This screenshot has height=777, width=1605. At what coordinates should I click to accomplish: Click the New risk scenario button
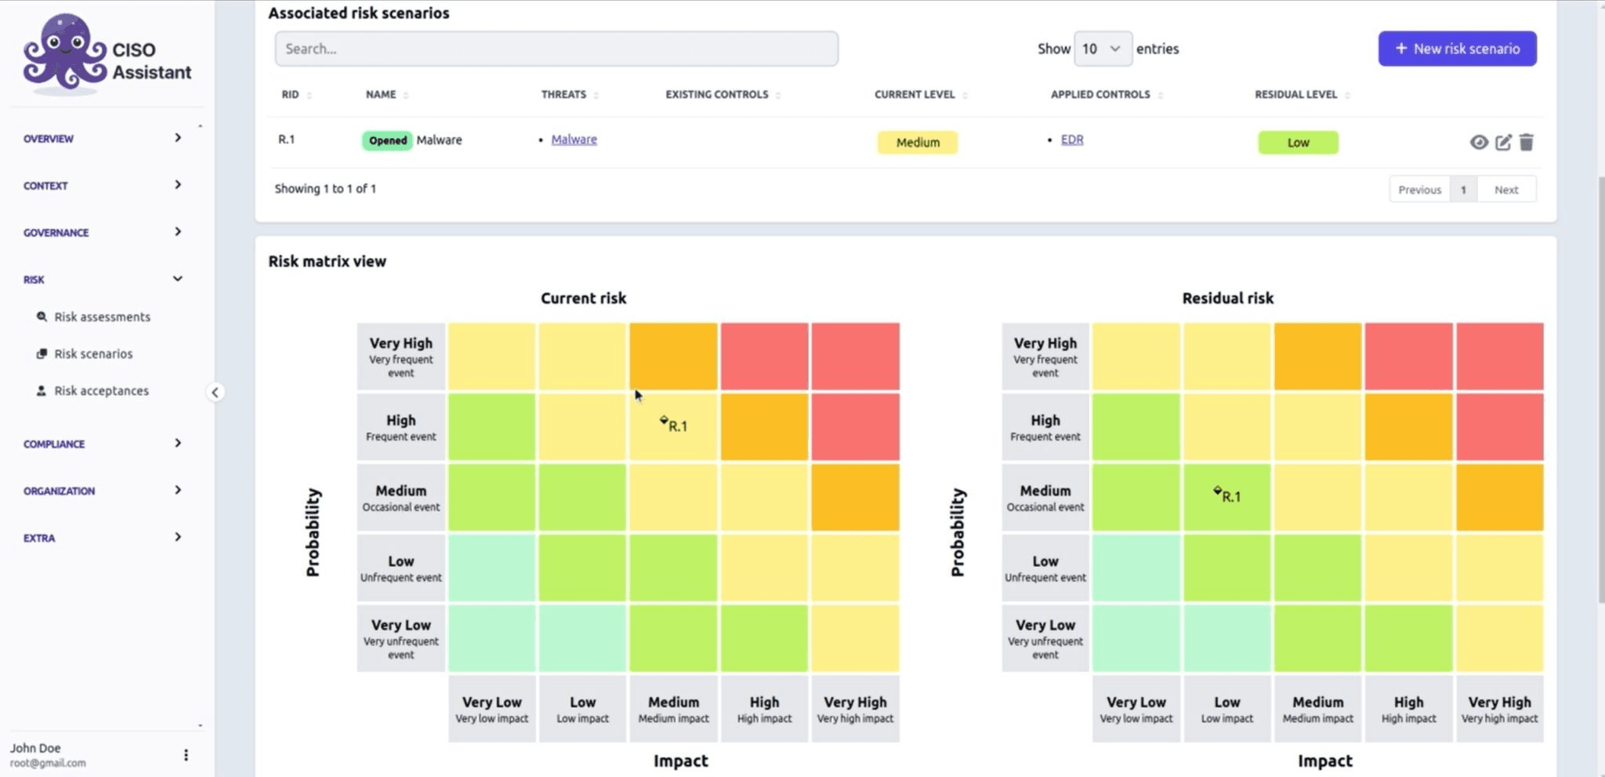click(x=1457, y=49)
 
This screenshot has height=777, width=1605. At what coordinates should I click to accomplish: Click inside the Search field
click(x=556, y=49)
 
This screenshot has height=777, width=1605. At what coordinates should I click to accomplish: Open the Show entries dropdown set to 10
click(x=1102, y=49)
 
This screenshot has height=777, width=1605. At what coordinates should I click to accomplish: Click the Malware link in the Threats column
click(x=574, y=140)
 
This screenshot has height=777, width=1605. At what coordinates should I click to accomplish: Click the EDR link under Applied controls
click(x=1071, y=140)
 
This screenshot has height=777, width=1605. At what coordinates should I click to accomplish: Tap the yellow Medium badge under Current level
click(x=917, y=143)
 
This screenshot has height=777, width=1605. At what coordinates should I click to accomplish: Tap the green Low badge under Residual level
click(x=1298, y=143)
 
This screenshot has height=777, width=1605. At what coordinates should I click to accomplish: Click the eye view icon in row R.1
click(x=1478, y=143)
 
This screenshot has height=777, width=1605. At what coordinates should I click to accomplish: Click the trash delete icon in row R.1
click(x=1526, y=143)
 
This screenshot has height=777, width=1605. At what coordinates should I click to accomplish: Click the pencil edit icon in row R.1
click(x=1502, y=143)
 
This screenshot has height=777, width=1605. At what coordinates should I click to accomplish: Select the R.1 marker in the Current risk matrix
click(x=675, y=425)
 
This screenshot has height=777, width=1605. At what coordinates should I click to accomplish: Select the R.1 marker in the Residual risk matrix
click(x=1228, y=496)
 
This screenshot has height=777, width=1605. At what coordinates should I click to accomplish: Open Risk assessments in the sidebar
click(x=102, y=317)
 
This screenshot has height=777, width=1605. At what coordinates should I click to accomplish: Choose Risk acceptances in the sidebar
click(x=101, y=390)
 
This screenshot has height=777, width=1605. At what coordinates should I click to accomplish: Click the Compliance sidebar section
click(x=54, y=444)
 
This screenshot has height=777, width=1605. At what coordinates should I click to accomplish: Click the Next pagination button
click(x=1505, y=190)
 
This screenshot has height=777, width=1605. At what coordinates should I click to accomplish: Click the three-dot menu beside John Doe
click(x=186, y=754)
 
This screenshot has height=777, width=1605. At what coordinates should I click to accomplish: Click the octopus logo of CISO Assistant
click(x=64, y=53)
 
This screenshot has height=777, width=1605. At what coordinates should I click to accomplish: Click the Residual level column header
click(x=1295, y=95)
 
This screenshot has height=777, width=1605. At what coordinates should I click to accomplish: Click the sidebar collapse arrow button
click(x=215, y=392)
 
